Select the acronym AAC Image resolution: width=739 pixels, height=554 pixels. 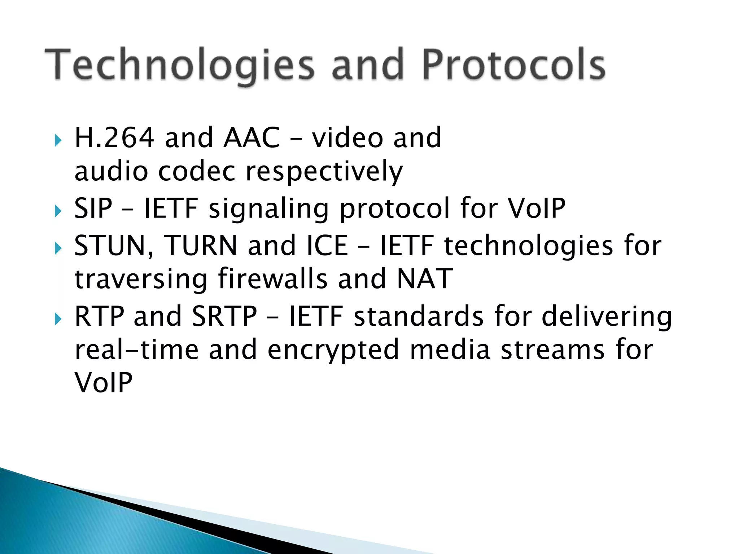pyautogui.click(x=252, y=138)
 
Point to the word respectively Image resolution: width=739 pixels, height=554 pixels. pyautogui.click(x=324, y=172)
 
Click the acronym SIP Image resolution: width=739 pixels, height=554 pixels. pyautogui.click(x=93, y=208)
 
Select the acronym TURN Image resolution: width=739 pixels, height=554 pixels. pyautogui.click(x=201, y=246)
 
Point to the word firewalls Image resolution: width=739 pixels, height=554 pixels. pyautogui.click(x=273, y=279)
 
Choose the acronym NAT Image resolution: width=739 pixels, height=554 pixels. pyautogui.click(x=424, y=279)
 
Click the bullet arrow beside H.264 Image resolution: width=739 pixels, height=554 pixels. pyautogui.click(x=58, y=140)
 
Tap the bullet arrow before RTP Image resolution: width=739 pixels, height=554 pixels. pyautogui.click(x=58, y=319)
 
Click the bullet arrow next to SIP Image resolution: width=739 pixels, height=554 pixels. pyautogui.click(x=58, y=211)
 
